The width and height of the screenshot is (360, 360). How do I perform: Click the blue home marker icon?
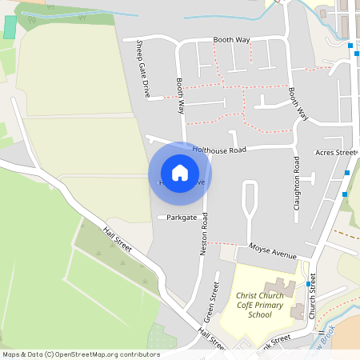point(180,173)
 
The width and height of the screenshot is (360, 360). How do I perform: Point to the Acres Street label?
point(334,152)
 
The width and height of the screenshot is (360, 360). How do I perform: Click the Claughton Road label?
point(297,182)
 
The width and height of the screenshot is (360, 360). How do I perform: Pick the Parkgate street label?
point(182,217)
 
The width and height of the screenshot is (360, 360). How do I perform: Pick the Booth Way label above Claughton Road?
point(299,104)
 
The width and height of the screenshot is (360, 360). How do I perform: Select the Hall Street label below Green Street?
point(212,340)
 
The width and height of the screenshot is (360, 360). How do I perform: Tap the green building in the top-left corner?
point(10,26)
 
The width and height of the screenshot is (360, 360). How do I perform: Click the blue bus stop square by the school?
point(308,284)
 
